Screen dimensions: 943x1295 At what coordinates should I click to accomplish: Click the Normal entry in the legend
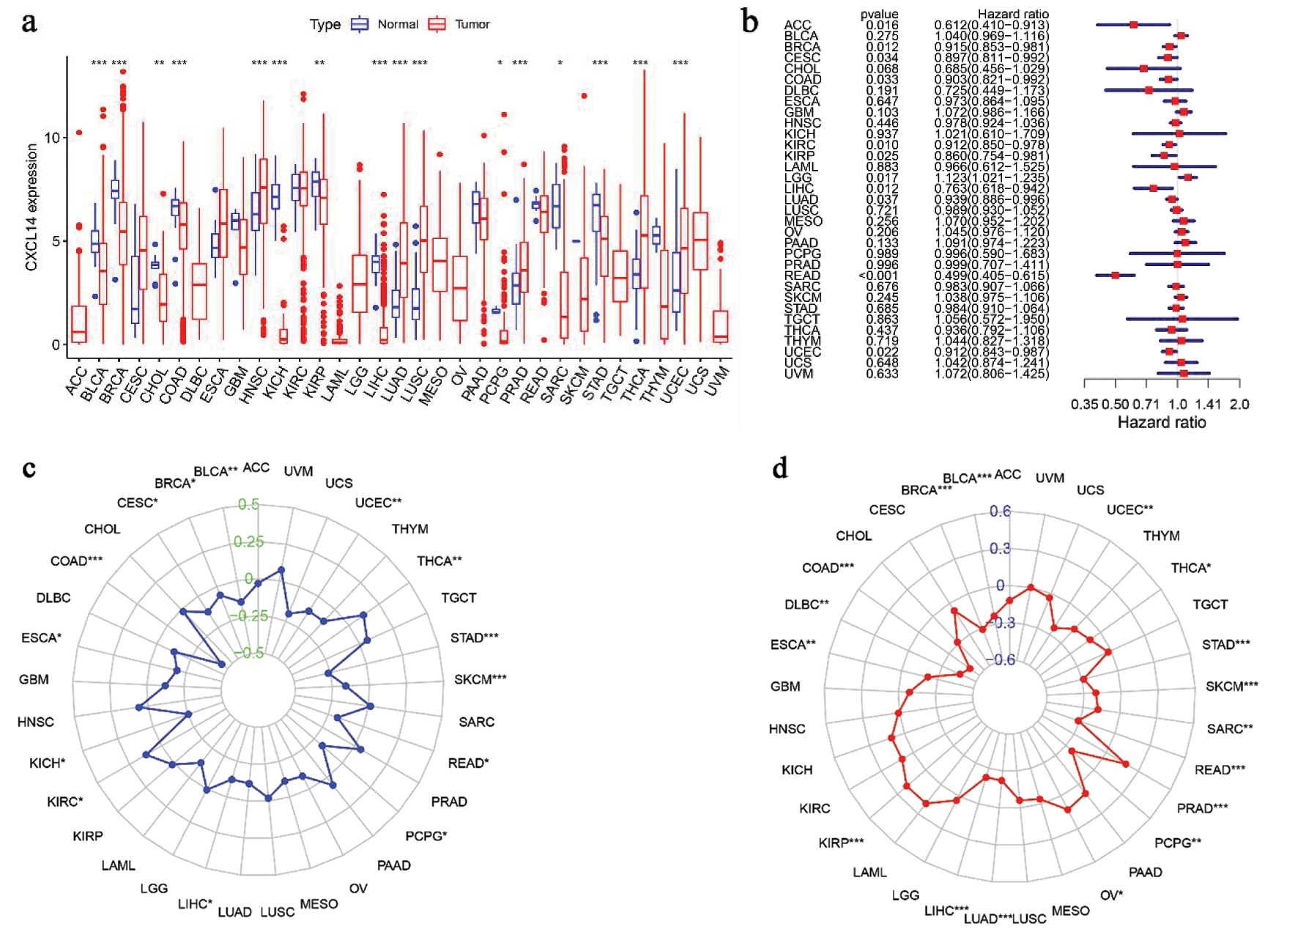click(397, 24)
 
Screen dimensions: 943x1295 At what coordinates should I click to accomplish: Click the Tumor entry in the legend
click(472, 24)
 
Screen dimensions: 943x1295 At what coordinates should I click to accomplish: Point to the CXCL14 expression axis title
click(31, 207)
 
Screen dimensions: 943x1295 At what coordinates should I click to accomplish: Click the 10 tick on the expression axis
click(52, 138)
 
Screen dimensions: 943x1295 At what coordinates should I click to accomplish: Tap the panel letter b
click(749, 22)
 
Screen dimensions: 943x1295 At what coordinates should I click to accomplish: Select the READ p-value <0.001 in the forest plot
click(879, 275)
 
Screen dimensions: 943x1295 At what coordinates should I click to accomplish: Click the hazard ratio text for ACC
click(991, 25)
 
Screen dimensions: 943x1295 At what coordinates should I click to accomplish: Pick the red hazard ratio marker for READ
click(1116, 275)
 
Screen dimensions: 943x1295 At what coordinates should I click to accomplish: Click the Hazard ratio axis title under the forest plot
click(1161, 423)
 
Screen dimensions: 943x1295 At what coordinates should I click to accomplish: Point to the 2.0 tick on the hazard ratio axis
click(1239, 404)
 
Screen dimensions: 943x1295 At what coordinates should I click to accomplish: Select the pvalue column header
click(879, 14)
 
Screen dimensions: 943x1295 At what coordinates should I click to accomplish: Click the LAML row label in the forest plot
click(801, 166)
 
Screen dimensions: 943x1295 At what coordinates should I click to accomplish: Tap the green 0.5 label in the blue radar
click(248, 504)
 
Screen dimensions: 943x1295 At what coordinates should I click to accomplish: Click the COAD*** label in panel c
click(76, 561)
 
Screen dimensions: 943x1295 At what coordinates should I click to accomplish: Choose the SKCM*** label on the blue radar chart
click(480, 679)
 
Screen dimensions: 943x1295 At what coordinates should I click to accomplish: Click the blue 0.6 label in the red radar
click(1000, 511)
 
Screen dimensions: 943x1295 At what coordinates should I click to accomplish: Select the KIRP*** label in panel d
click(841, 843)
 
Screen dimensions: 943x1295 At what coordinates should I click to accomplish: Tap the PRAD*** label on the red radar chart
click(1202, 808)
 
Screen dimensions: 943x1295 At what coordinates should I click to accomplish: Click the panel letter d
click(780, 467)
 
